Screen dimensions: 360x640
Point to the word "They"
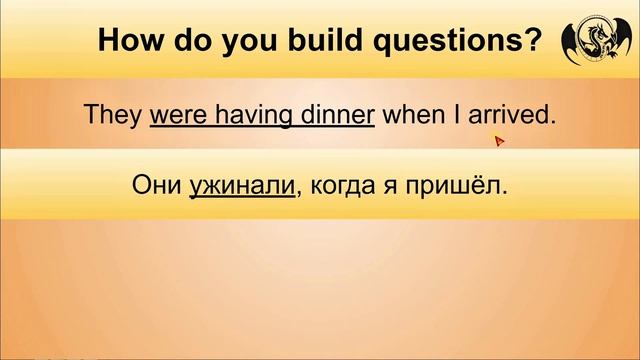[114, 116]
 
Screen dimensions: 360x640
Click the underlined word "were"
[177, 116]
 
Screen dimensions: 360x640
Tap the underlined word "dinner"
[334, 116]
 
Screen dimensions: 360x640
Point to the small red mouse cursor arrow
[499, 140]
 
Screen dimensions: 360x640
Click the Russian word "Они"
[156, 186]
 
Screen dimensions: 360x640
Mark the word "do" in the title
[177, 42]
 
